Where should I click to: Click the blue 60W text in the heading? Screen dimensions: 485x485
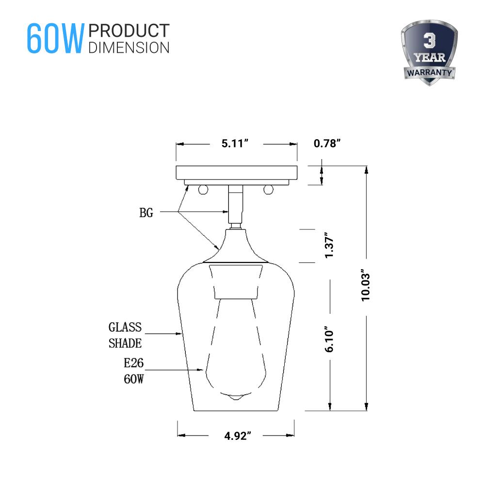coord(55,38)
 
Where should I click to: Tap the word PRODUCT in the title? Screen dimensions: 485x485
coord(129,31)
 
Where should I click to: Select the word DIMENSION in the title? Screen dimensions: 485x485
coord(129,47)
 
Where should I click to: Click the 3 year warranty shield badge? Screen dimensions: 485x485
coord(429,53)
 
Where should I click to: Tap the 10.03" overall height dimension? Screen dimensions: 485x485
coord(366,286)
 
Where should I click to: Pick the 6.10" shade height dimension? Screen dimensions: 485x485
coord(330,339)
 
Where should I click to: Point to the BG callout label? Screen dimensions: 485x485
coord(146,212)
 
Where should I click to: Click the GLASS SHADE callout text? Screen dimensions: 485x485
coord(125,335)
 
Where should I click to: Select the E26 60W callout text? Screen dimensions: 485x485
coord(133,371)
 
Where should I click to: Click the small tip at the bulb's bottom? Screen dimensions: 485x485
coord(235,397)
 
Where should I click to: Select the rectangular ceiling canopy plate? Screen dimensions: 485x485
coord(236,172)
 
